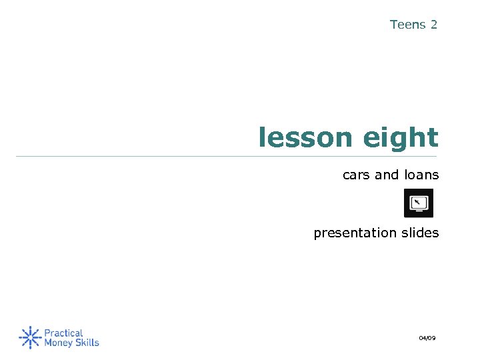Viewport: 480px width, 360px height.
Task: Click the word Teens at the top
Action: tap(407, 25)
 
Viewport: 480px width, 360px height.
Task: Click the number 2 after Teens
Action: tap(434, 25)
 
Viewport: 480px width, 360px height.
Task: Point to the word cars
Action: tap(356, 175)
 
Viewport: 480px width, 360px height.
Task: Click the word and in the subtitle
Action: tap(387, 175)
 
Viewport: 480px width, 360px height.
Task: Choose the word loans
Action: tap(421, 175)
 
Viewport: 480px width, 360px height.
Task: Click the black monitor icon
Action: tap(419, 203)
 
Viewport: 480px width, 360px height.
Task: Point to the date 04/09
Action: tap(427, 339)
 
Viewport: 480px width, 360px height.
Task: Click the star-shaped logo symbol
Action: tap(29, 337)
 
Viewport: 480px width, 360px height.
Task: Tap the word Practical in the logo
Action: tap(63, 333)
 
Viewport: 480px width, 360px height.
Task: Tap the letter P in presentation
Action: tap(317, 235)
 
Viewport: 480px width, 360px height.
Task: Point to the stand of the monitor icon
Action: tap(419, 213)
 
